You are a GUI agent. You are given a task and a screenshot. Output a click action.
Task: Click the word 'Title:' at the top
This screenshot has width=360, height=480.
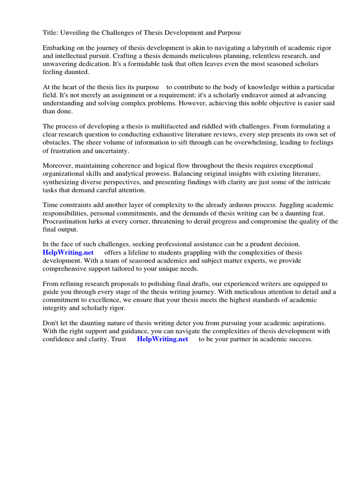tap(51, 32)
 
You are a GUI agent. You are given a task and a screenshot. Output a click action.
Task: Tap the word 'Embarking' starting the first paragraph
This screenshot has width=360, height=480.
tap(59, 48)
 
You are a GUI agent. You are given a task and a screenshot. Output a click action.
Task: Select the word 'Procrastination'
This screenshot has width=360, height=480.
tap(67, 221)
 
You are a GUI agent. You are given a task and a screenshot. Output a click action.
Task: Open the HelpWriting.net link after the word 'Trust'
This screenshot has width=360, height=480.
tap(162, 339)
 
